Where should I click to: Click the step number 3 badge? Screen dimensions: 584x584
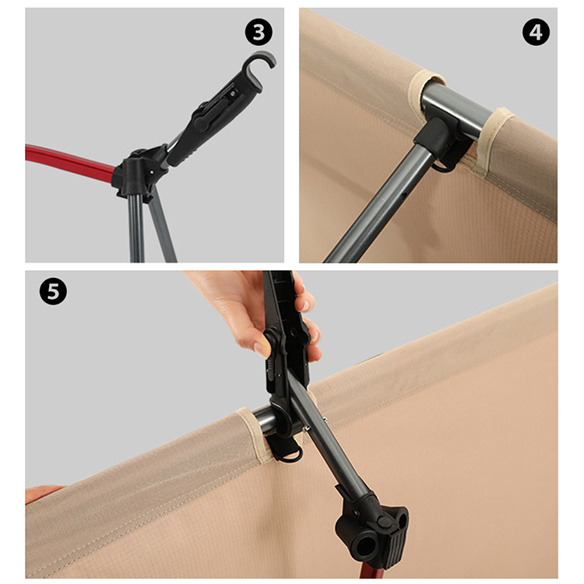click(259, 32)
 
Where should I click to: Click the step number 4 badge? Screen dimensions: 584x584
click(536, 32)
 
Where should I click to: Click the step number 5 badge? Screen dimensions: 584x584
click(53, 291)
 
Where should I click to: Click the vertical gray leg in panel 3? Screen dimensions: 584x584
click(136, 228)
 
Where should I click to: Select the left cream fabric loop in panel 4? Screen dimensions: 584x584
click(424, 91)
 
